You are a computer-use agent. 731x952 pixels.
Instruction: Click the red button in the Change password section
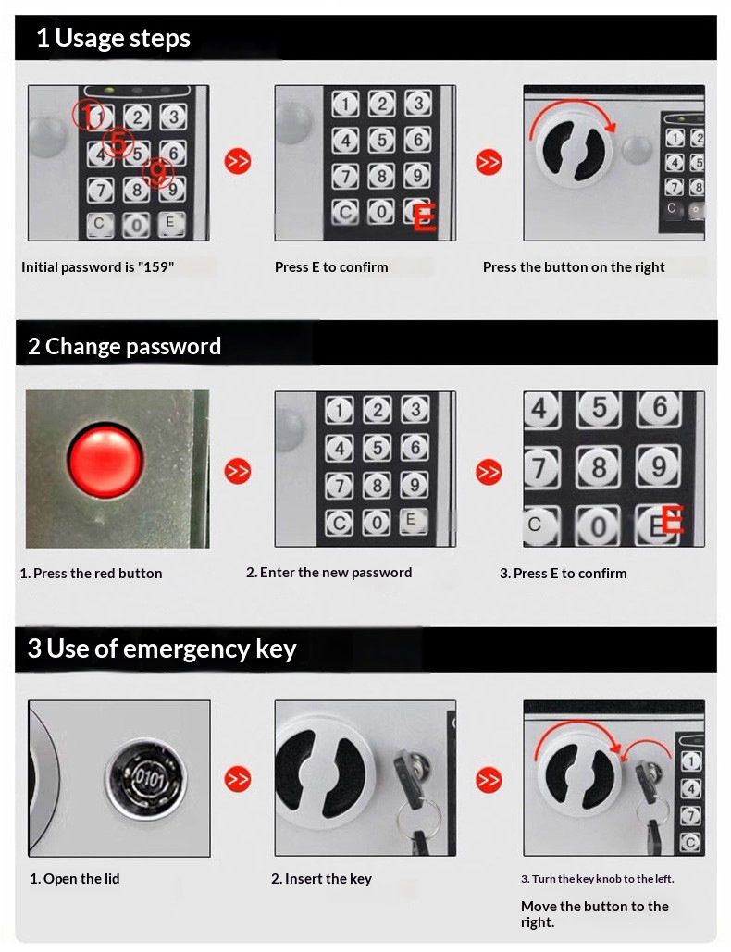point(105,461)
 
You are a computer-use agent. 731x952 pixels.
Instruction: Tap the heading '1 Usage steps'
point(113,38)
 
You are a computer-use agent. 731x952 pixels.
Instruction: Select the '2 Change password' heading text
point(125,347)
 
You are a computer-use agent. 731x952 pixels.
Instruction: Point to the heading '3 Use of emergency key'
point(162,649)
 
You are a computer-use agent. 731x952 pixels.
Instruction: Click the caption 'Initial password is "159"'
point(98,267)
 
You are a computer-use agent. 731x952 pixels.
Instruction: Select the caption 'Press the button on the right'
point(574,267)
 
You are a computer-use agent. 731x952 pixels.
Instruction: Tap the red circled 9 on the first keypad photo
point(158,174)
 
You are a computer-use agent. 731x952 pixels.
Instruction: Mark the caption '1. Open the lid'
point(75,879)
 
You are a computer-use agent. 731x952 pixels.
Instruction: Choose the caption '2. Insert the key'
point(321,879)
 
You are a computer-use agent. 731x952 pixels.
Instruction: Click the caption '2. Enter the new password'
point(329,573)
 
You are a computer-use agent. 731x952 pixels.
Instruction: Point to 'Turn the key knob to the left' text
point(603,879)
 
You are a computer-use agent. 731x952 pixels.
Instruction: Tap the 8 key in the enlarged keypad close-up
point(599,467)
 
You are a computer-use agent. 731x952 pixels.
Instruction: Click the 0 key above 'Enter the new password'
point(377,522)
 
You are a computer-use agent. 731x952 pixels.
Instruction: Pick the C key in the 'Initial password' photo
point(100,224)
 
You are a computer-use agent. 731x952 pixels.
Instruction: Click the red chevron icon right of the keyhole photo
point(238,779)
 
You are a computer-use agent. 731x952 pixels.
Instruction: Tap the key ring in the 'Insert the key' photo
point(419,817)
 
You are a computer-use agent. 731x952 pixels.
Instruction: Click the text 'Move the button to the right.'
point(594,914)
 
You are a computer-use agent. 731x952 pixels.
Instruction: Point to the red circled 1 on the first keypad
point(88,115)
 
